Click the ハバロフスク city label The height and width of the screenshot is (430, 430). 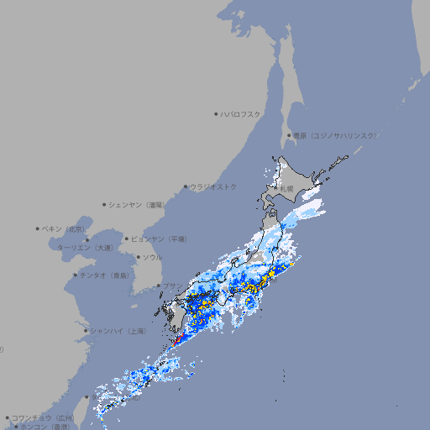click(x=240, y=113)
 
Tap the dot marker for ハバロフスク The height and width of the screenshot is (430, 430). click(x=216, y=113)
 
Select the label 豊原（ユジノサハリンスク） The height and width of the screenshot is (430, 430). click(x=334, y=135)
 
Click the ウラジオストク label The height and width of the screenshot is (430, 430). click(x=213, y=186)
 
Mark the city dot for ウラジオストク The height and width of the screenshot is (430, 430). click(x=186, y=186)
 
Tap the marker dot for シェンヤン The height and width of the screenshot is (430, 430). click(x=105, y=204)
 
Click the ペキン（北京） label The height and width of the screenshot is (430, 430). click(x=66, y=228)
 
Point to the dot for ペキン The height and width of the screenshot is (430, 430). click(x=38, y=228)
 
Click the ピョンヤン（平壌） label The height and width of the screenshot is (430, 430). click(x=159, y=239)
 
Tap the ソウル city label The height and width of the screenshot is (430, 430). click(x=151, y=257)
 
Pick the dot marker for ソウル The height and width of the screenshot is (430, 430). click(x=137, y=257)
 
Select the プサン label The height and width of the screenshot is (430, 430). click(x=172, y=286)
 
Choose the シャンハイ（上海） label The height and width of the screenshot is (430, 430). click(x=118, y=331)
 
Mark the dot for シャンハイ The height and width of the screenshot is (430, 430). click(x=85, y=331)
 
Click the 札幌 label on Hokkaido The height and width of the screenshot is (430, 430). click(x=287, y=189)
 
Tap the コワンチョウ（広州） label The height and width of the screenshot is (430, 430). click(x=43, y=417)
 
